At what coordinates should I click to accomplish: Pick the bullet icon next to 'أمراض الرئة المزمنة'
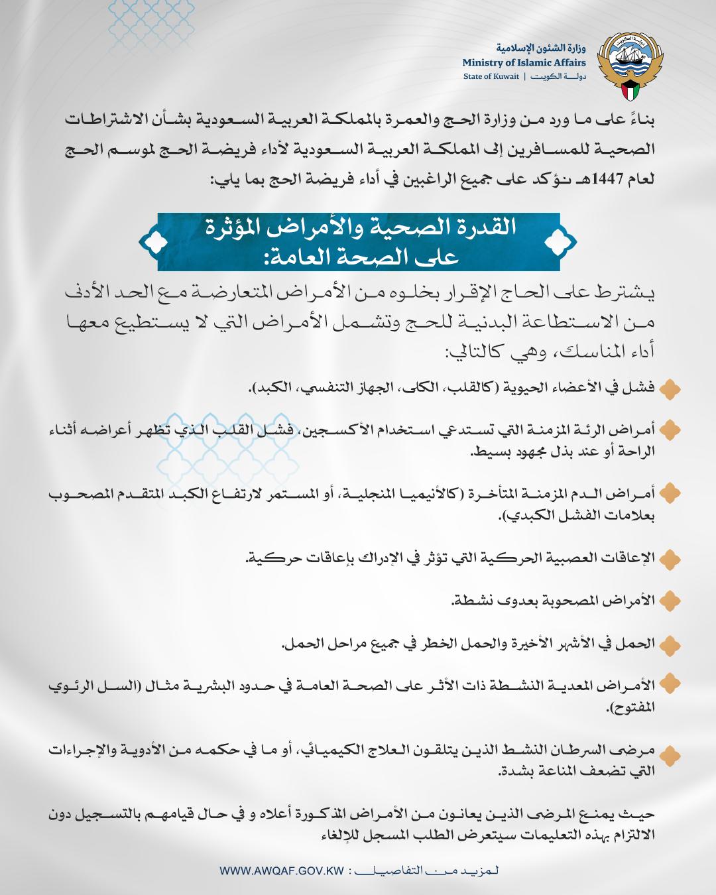click(x=671, y=430)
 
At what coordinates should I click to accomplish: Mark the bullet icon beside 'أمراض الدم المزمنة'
click(x=671, y=492)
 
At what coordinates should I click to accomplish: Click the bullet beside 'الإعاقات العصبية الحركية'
click(x=671, y=557)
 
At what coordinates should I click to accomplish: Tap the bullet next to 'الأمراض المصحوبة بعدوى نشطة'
click(x=671, y=600)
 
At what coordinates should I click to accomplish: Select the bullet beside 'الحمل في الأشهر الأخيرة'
click(x=671, y=642)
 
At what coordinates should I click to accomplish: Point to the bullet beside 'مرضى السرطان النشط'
click(x=671, y=752)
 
